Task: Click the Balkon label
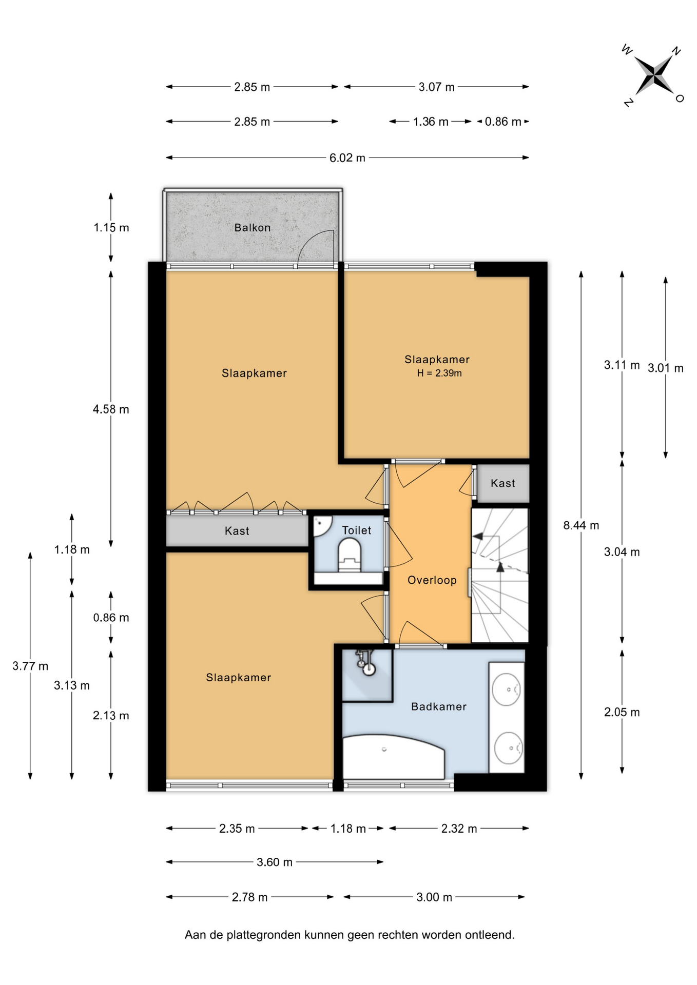pyautogui.click(x=252, y=227)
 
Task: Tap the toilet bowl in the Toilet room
pyautogui.click(x=350, y=556)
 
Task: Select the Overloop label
pyautogui.click(x=432, y=580)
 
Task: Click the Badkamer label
pyautogui.click(x=439, y=706)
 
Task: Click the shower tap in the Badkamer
pyautogui.click(x=366, y=662)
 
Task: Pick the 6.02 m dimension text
pyautogui.click(x=347, y=157)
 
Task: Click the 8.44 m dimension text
pyautogui.click(x=581, y=525)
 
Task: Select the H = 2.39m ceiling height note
pyautogui.click(x=439, y=373)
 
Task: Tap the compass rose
pyautogui.click(x=653, y=75)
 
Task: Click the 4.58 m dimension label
pyautogui.click(x=111, y=409)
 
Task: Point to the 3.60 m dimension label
pyautogui.click(x=275, y=862)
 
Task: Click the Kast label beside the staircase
pyautogui.click(x=502, y=483)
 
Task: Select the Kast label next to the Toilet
pyautogui.click(x=237, y=531)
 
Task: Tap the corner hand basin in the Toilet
pyautogui.click(x=321, y=524)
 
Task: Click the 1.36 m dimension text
pyautogui.click(x=431, y=122)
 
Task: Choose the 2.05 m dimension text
pyautogui.click(x=622, y=712)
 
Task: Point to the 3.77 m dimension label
pyautogui.click(x=30, y=666)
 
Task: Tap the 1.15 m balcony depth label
pyautogui.click(x=111, y=227)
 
